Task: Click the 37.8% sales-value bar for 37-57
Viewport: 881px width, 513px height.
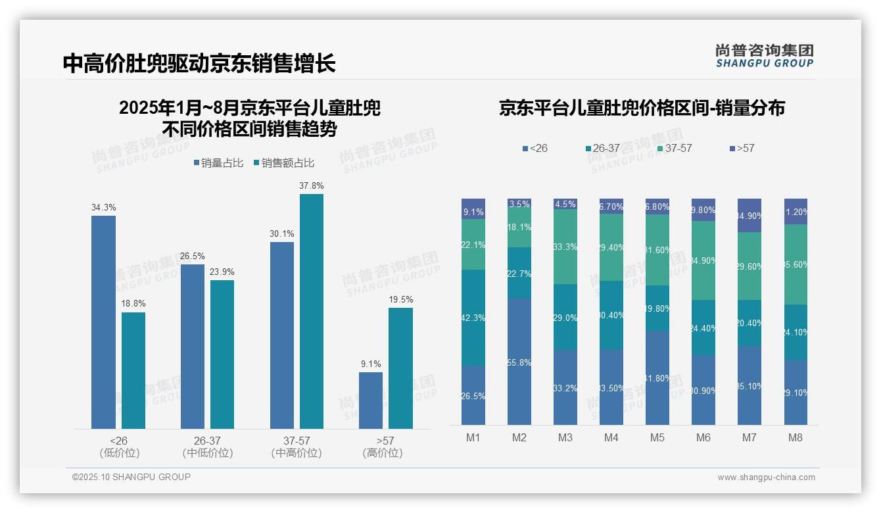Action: tap(312, 311)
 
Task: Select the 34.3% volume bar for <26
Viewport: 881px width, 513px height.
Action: tap(103, 322)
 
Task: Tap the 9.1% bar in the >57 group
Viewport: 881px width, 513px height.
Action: tap(370, 401)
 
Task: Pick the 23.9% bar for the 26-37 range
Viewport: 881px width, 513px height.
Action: tap(222, 354)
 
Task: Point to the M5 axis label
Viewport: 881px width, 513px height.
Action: tap(657, 437)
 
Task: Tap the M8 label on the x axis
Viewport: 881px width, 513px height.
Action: tap(796, 437)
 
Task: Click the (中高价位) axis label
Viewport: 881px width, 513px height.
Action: tap(297, 453)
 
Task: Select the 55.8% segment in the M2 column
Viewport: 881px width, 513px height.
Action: tap(519, 361)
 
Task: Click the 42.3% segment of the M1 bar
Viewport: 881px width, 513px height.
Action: tap(473, 318)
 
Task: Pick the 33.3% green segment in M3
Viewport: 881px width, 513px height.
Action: tap(565, 247)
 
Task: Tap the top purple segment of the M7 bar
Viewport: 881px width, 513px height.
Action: tap(750, 215)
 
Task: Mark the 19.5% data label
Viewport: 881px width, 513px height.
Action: tap(401, 299)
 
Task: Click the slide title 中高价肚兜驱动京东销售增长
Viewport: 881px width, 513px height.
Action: tap(199, 63)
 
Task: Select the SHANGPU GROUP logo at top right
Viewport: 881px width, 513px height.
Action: tap(764, 55)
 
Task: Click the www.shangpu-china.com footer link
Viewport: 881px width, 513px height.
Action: tap(766, 477)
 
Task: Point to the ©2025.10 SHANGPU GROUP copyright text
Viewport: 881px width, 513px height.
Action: tap(131, 477)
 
